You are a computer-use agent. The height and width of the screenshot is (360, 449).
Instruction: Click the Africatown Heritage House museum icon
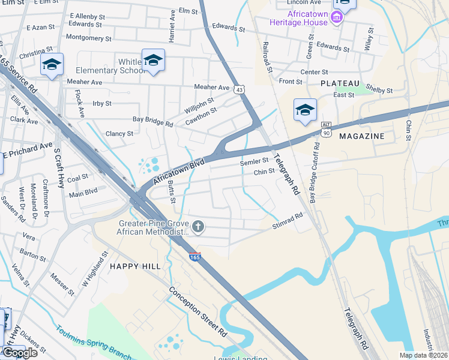337,18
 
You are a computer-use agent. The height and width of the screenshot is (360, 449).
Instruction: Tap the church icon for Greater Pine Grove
199,227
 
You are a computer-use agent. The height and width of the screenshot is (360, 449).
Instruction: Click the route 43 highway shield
240,89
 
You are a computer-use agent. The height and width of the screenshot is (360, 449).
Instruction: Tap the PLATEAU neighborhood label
340,83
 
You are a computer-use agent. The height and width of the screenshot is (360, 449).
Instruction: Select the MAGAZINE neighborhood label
361,136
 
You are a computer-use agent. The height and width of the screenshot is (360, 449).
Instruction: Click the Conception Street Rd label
197,311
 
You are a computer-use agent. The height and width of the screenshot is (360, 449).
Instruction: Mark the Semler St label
254,161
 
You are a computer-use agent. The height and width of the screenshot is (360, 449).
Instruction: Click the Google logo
20,352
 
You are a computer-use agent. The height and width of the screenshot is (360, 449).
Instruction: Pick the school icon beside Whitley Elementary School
154,61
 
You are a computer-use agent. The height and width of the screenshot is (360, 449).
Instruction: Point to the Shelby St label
379,90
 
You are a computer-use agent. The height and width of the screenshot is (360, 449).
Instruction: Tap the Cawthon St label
201,114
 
